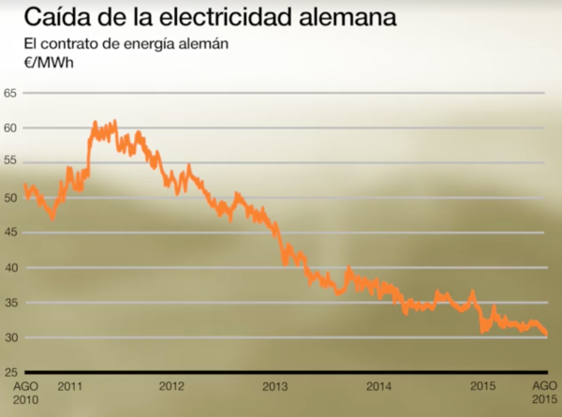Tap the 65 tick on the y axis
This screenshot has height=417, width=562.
pyautogui.click(x=10, y=93)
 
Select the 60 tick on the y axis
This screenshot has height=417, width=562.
pyautogui.click(x=10, y=127)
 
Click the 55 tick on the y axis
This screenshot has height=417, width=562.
pyautogui.click(x=10, y=163)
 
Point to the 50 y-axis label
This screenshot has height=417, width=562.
pyautogui.click(x=10, y=198)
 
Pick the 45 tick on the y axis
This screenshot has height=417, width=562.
pyautogui.click(x=10, y=232)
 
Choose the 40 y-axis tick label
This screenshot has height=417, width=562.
pyautogui.click(x=10, y=268)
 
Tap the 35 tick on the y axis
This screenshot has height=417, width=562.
pyautogui.click(x=10, y=303)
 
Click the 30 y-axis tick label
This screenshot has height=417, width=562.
pyautogui.click(x=10, y=337)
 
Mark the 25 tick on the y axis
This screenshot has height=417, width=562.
pyautogui.click(x=10, y=373)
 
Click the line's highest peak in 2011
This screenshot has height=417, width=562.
pyautogui.click(x=114, y=122)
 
